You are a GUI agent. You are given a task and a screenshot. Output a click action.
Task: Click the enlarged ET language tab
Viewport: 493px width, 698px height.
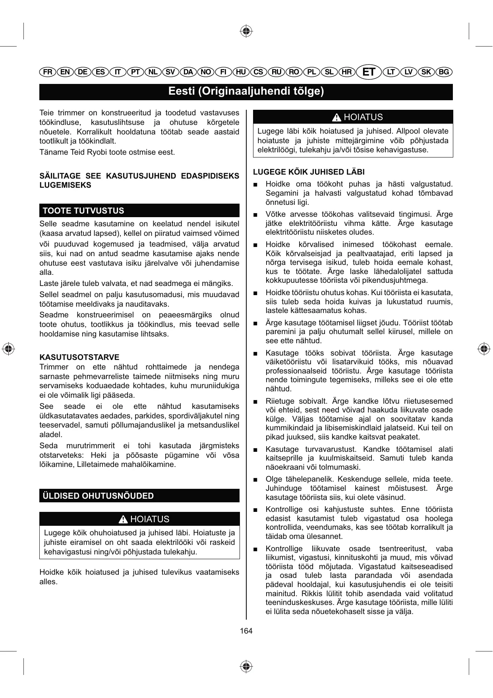click(369, 72)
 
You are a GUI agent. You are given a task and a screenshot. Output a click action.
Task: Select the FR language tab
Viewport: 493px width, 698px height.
click(48, 72)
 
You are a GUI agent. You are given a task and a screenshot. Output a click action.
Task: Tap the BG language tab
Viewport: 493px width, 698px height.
click(444, 72)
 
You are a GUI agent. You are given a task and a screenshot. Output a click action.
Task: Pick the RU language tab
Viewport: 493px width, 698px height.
click(276, 72)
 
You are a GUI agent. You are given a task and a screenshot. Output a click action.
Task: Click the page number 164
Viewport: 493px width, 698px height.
click(246, 631)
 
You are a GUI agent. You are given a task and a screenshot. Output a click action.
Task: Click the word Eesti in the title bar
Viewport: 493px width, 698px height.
click(181, 91)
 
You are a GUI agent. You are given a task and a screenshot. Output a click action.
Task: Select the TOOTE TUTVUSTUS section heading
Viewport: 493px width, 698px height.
click(83, 211)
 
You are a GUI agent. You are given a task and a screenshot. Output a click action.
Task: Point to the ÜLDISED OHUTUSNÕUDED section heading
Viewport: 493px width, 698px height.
click(98, 496)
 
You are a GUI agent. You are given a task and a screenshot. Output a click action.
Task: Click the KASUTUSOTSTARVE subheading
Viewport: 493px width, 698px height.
click(79, 357)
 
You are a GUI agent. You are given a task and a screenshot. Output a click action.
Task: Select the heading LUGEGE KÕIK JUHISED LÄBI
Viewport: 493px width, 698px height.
click(309, 172)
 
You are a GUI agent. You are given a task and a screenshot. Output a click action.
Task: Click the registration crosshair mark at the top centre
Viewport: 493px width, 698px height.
click(246, 31)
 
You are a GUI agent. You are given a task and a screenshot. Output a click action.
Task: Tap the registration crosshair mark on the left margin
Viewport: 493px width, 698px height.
click(8, 348)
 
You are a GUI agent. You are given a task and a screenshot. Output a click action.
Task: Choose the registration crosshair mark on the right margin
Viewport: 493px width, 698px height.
click(483, 348)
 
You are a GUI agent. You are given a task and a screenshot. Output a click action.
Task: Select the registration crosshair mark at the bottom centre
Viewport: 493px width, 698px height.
click(246, 666)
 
